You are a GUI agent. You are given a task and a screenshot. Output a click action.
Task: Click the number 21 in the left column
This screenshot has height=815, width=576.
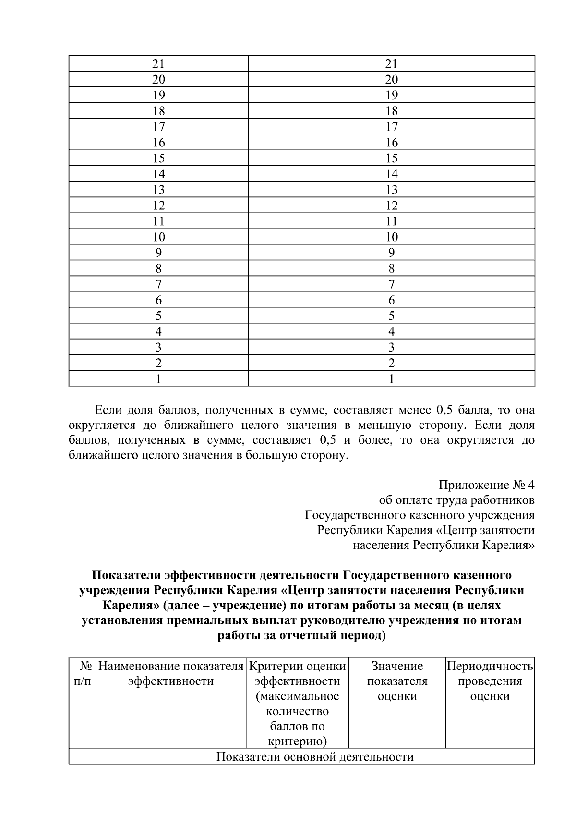click(158, 63)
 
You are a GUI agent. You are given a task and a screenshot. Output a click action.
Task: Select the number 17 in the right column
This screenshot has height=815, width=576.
click(391, 127)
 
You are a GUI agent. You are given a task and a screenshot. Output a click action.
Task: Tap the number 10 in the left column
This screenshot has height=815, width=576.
click(158, 237)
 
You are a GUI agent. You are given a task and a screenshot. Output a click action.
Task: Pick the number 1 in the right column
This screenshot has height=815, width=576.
click(391, 378)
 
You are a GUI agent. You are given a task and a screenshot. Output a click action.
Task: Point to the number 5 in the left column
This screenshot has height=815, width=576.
click(158, 316)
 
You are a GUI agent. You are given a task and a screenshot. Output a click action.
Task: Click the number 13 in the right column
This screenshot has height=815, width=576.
click(391, 190)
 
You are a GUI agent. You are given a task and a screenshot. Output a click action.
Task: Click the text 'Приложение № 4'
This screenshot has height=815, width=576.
click(486, 485)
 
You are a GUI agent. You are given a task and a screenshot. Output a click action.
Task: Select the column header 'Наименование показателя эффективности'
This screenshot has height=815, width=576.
click(171, 673)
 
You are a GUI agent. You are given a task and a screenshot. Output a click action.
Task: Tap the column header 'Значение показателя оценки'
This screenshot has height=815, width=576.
click(397, 681)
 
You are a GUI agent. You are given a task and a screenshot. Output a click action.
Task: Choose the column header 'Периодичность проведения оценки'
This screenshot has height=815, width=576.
click(490, 681)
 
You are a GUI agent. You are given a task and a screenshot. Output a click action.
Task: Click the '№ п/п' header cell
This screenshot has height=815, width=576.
click(83, 673)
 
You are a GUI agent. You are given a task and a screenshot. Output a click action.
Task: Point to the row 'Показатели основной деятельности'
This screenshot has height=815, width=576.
click(315, 757)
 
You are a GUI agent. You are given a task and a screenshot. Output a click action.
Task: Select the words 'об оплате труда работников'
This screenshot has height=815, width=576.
click(456, 500)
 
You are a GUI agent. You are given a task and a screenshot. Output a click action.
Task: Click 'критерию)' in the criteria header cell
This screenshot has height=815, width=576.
click(297, 741)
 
